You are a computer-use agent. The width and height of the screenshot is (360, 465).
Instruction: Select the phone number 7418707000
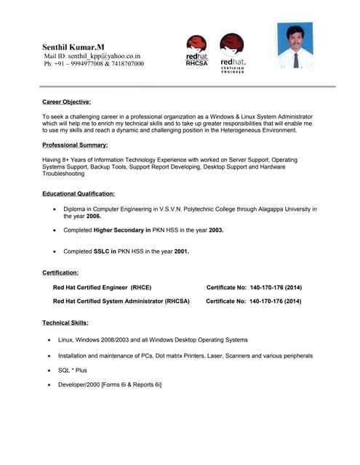click(126, 64)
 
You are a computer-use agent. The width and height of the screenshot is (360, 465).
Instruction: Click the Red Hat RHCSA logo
click(196, 50)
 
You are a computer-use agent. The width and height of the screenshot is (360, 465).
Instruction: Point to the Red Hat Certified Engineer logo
click(232, 52)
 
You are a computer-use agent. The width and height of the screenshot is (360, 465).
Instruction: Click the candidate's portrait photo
click(295, 46)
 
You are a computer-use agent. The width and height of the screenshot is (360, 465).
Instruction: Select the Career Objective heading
click(66, 102)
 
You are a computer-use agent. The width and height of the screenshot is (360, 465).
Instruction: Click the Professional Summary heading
click(75, 146)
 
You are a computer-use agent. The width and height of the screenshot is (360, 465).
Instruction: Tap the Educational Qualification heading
click(79, 194)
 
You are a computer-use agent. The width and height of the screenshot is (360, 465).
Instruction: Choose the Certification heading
click(60, 272)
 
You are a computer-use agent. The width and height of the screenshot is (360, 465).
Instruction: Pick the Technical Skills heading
click(65, 322)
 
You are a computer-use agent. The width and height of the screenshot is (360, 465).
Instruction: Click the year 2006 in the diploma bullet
click(93, 217)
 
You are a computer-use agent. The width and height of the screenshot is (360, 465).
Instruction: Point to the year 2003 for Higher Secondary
click(213, 230)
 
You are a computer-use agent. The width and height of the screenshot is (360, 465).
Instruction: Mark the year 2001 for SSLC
click(181, 251)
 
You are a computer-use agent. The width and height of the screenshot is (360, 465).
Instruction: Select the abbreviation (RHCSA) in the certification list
click(177, 301)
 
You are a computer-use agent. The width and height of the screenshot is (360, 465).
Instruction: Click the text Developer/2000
click(79, 384)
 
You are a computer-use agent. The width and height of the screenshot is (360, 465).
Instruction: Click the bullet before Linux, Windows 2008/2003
click(49, 340)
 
